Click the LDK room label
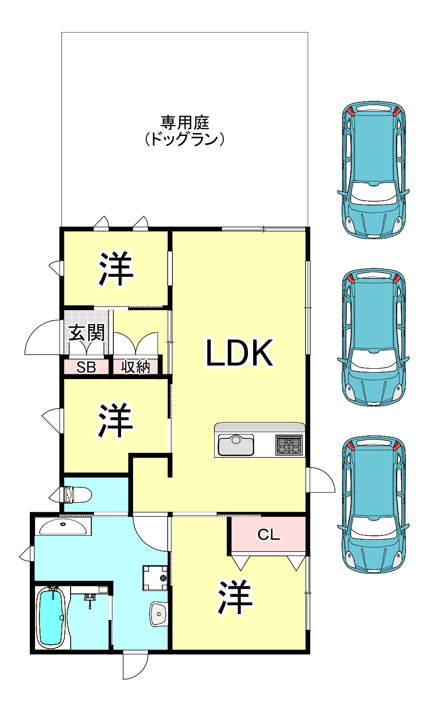click(x=239, y=352)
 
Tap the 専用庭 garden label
click(x=184, y=122)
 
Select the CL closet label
click(x=269, y=534)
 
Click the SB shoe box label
click(x=86, y=367)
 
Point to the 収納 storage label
click(x=135, y=367)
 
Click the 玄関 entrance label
click(x=86, y=333)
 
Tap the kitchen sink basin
click(x=236, y=445)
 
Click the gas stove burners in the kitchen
click(x=289, y=445)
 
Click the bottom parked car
click(x=373, y=504)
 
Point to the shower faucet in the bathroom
click(x=90, y=599)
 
